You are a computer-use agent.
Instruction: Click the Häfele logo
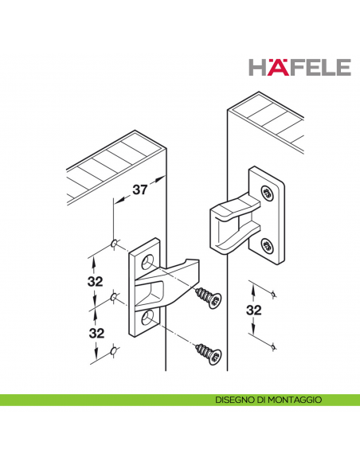(299, 67)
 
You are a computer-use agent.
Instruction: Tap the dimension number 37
(139, 190)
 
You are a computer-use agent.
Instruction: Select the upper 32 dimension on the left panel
(96, 281)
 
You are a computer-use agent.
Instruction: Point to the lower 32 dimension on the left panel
(96, 334)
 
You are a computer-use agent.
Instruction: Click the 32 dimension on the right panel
(254, 311)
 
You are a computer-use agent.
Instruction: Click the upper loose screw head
(215, 300)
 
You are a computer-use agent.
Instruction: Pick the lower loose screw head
(215, 357)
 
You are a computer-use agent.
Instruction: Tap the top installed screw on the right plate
(267, 193)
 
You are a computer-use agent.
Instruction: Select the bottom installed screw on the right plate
(267, 246)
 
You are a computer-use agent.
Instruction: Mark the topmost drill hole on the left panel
(113, 244)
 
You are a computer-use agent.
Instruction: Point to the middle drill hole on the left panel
(113, 297)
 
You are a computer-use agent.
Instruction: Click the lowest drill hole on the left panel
(112, 351)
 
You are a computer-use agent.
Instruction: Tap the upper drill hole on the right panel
(273, 294)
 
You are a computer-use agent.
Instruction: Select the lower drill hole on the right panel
(273, 346)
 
